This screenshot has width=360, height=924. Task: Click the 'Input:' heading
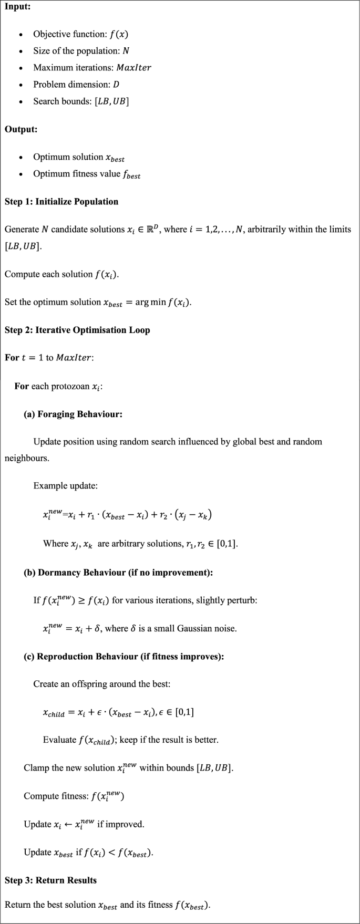[18, 6]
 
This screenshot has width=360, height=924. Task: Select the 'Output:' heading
[21, 129]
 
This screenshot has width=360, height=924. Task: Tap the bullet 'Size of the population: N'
[81, 51]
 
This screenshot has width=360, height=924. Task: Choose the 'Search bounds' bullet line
[81, 101]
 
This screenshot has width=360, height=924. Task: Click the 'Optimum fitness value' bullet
[87, 174]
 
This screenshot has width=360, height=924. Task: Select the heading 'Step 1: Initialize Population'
[61, 202]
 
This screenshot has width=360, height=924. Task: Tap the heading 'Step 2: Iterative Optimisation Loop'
[77, 330]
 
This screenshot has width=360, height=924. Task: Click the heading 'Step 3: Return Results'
[50, 880]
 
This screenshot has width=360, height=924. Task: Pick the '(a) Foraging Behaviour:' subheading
[73, 414]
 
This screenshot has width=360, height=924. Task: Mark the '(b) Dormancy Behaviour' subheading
[118, 572]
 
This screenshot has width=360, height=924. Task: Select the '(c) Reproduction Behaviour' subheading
[124, 656]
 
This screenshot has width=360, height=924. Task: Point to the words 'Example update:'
[65, 485]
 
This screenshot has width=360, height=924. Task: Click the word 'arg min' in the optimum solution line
[150, 302]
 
